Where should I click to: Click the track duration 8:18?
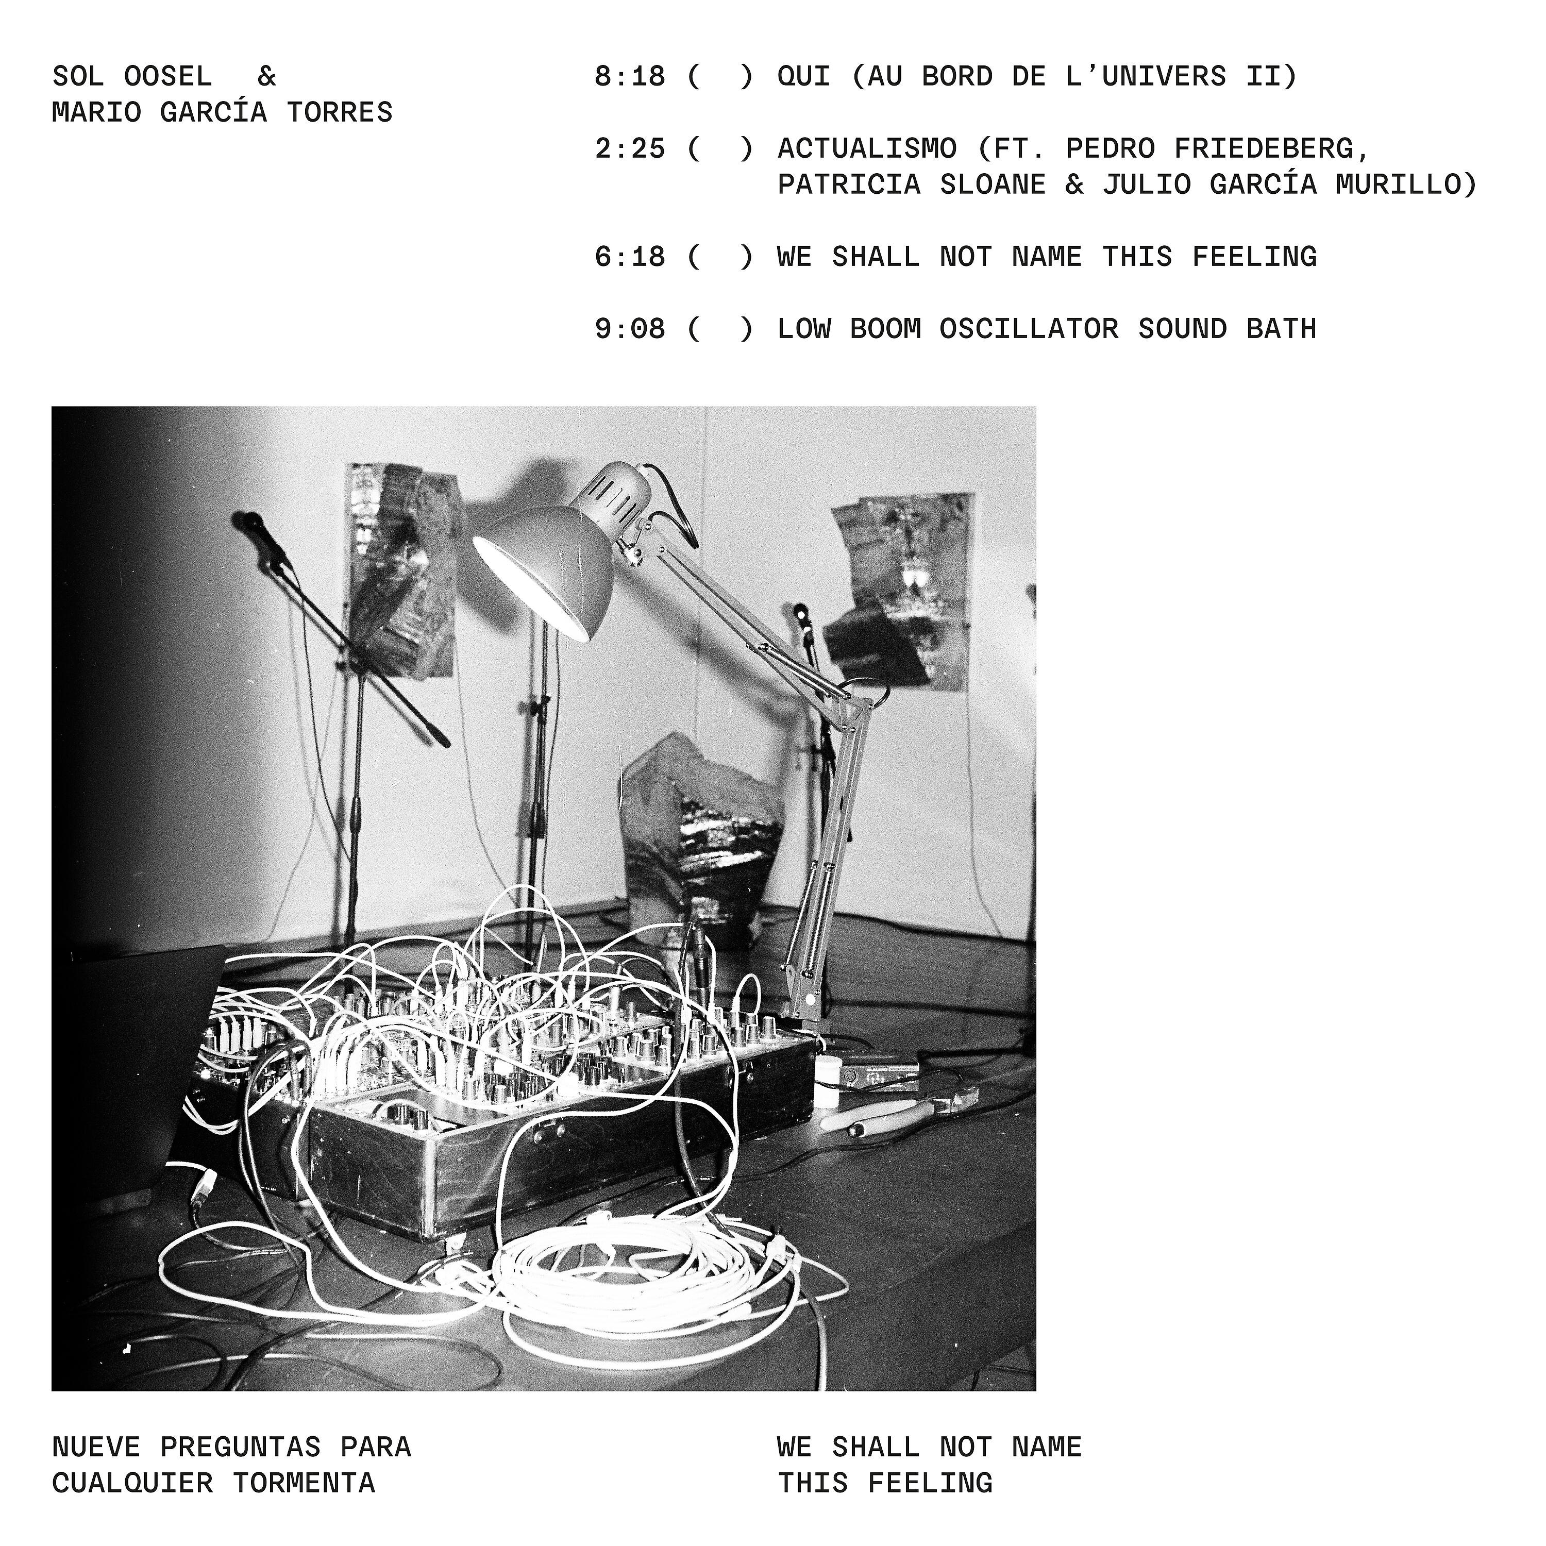[630, 77]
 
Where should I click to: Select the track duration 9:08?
[630, 329]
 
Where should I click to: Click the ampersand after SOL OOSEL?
[266, 77]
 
